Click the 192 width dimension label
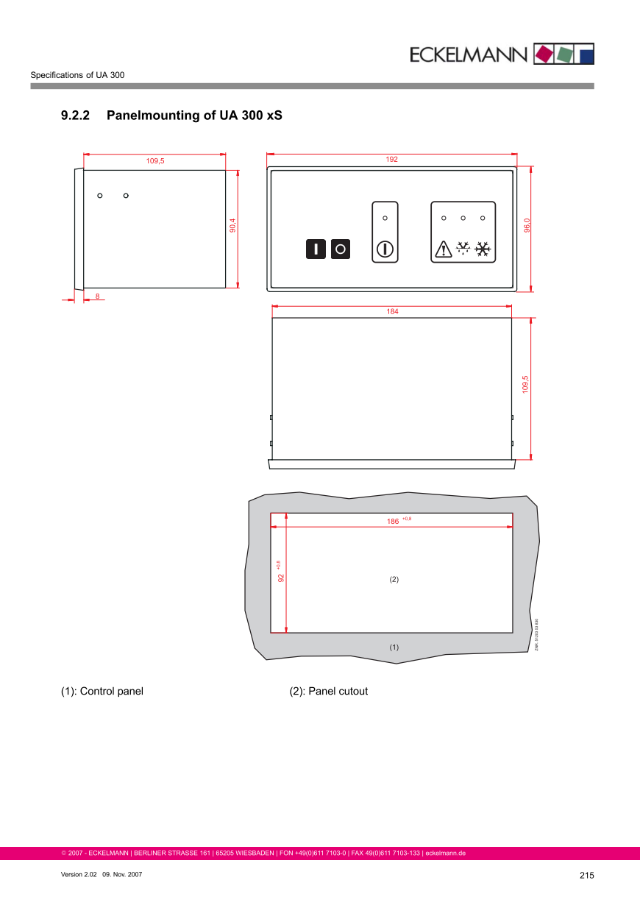391,160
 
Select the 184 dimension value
392,312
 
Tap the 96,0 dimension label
527,225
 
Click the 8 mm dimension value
98,295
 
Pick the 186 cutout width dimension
394,521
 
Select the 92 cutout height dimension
280,578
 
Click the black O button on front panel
341,249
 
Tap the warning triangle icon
444,249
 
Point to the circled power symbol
385,249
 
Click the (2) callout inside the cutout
394,580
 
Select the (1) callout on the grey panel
394,647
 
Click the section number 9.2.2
75,116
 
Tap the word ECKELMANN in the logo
469,54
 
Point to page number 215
586,876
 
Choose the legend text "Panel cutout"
338,692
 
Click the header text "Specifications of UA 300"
77,75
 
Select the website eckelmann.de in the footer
446,853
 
